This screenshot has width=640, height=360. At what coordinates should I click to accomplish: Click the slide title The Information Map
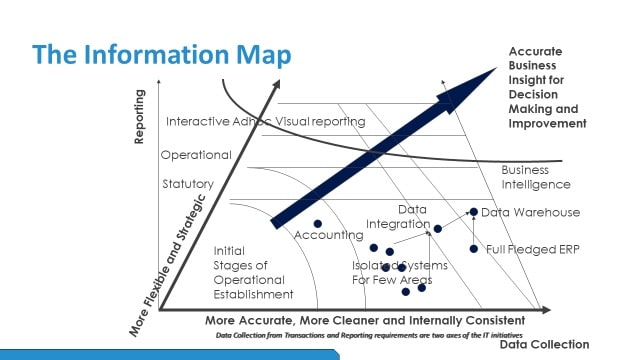[x=161, y=54]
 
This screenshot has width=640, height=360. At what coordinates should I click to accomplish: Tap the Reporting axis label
[x=140, y=117]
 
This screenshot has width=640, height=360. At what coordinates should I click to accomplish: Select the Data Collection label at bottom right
[x=544, y=344]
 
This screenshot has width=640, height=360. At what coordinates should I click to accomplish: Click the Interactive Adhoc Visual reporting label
[x=265, y=121]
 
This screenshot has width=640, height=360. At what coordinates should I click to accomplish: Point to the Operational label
[x=196, y=155]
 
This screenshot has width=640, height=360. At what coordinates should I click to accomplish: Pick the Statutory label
[x=187, y=184]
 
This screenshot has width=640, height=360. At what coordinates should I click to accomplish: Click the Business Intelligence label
[x=536, y=177]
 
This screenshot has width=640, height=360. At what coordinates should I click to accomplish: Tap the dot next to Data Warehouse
[x=474, y=212]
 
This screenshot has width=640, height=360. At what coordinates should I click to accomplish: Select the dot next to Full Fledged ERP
[x=474, y=248]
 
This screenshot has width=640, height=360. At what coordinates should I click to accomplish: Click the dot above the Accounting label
[x=318, y=223]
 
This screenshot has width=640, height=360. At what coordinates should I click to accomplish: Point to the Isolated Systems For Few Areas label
[x=399, y=272]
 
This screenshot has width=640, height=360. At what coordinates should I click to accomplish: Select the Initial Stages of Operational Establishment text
[x=253, y=272]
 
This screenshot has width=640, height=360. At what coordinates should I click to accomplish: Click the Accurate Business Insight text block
[x=546, y=87]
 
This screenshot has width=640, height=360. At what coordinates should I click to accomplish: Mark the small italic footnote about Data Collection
[x=368, y=334]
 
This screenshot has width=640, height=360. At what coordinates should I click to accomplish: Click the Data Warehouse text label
[x=530, y=212]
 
